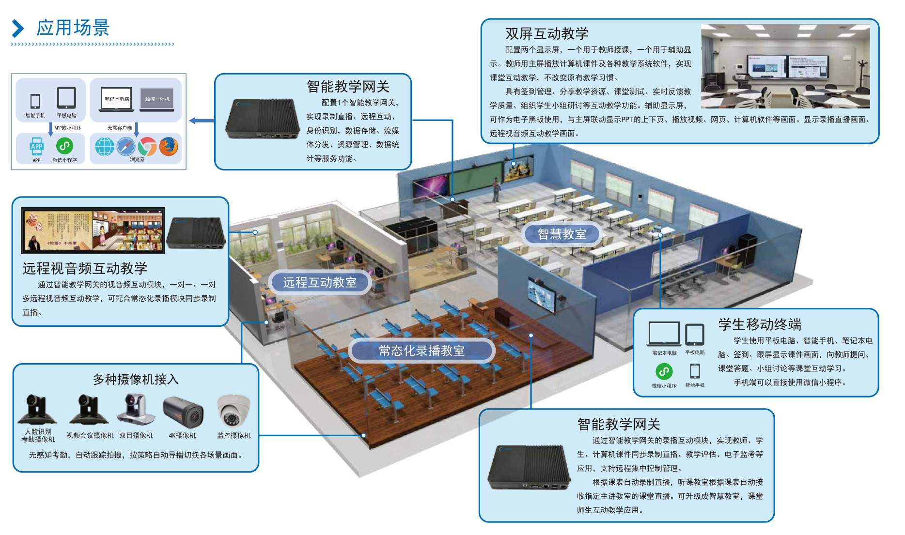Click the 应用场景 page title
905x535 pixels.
(73, 28)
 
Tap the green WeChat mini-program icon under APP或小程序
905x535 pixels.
(64, 146)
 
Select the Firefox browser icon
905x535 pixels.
(169, 146)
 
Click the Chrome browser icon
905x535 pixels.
(147, 146)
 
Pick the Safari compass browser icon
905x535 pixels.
(126, 146)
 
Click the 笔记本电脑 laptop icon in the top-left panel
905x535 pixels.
(117, 99)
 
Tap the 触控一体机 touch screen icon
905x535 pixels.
(157, 99)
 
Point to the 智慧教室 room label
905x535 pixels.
(562, 234)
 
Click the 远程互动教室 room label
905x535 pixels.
(320, 282)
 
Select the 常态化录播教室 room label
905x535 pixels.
(421, 351)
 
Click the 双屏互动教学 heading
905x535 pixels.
(546, 33)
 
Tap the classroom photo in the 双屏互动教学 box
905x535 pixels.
(785, 66)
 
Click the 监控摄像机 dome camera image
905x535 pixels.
(234, 411)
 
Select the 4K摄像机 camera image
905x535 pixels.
(183, 412)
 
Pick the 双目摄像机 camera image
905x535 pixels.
(136, 410)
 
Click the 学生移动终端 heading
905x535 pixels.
(759, 324)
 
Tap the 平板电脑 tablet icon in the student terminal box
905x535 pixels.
(695, 335)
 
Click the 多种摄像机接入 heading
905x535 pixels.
(136, 379)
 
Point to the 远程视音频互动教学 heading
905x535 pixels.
(85, 268)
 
